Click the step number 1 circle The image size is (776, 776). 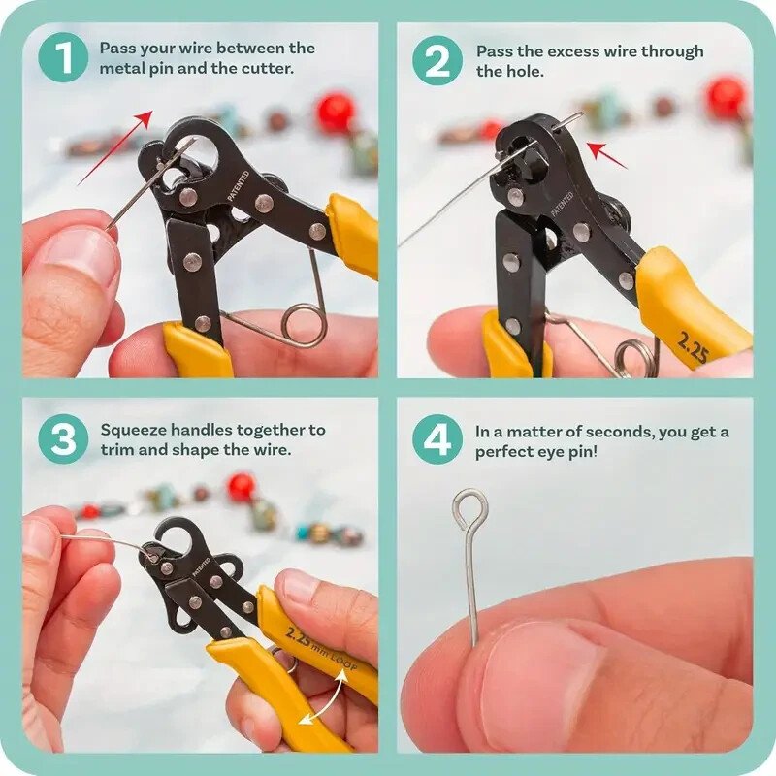pyautogui.click(x=63, y=60)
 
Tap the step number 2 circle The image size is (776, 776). pyautogui.click(x=437, y=60)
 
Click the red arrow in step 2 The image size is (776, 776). pyautogui.click(x=607, y=154)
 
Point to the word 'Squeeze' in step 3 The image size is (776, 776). pyautogui.click(x=132, y=429)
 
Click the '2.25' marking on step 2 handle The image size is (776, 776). pyautogui.click(x=693, y=347)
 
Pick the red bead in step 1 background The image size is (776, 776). pyautogui.click(x=336, y=112)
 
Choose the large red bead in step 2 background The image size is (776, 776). pyautogui.click(x=725, y=97)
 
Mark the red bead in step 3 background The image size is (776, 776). pyautogui.click(x=242, y=486)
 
